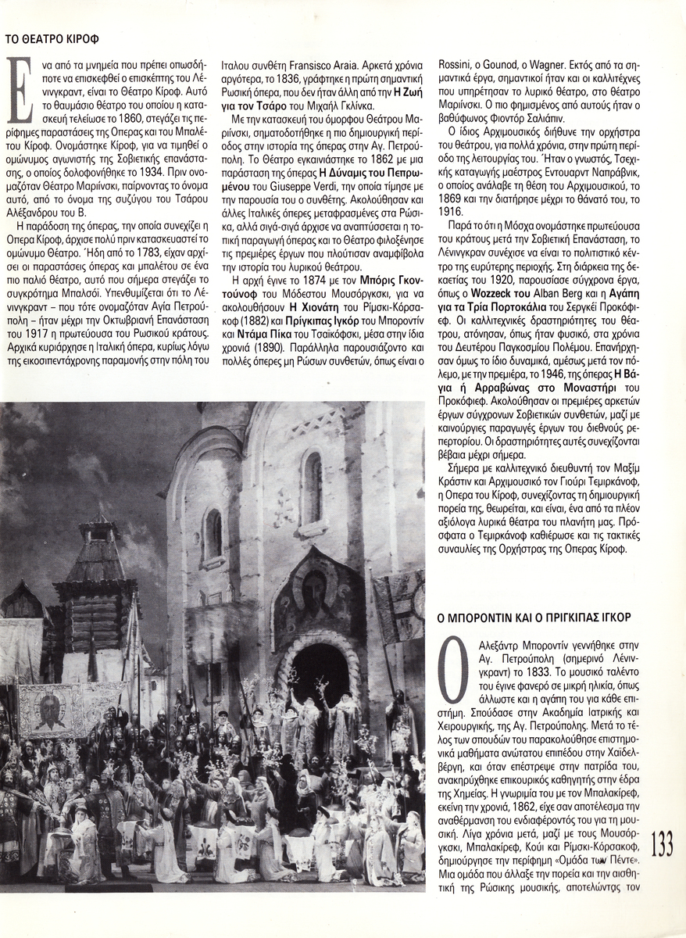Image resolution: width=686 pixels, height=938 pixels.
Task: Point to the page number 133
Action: coord(661,845)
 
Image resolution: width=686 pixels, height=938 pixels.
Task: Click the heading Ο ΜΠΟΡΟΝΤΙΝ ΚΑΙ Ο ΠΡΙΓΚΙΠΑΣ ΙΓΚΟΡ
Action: coord(534,617)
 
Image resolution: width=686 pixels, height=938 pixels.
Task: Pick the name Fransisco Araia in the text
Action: coord(321,66)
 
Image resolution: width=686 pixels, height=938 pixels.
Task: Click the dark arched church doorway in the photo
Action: coord(320,674)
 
